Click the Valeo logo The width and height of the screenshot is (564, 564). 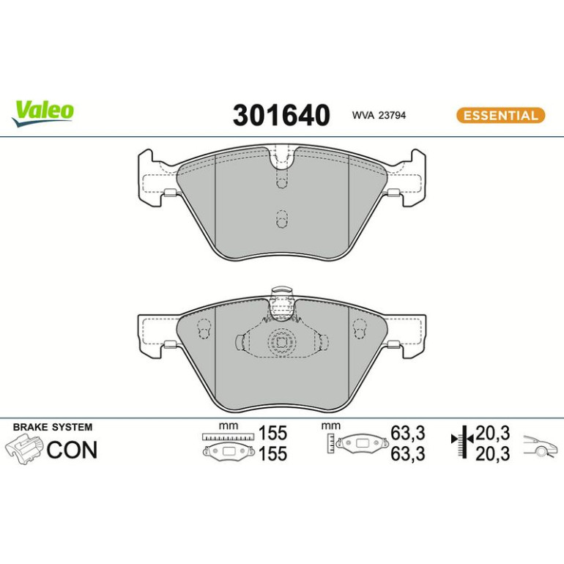[42, 114]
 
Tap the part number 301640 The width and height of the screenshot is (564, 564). [281, 115]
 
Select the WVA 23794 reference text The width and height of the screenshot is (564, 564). [379, 116]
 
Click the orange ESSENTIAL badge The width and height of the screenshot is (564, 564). [501, 116]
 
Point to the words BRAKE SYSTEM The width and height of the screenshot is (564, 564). [53, 427]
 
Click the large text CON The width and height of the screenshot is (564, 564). [72, 450]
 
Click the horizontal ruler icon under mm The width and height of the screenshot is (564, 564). [228, 437]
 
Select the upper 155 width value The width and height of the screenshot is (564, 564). [273, 433]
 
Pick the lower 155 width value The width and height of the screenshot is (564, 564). [273, 453]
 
